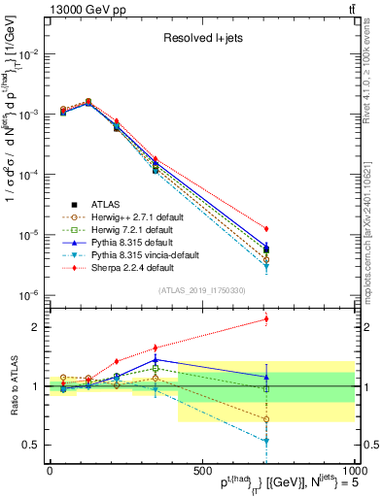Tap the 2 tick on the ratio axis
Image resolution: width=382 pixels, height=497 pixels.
36,327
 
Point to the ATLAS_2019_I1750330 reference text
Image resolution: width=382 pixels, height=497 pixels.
201,290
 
